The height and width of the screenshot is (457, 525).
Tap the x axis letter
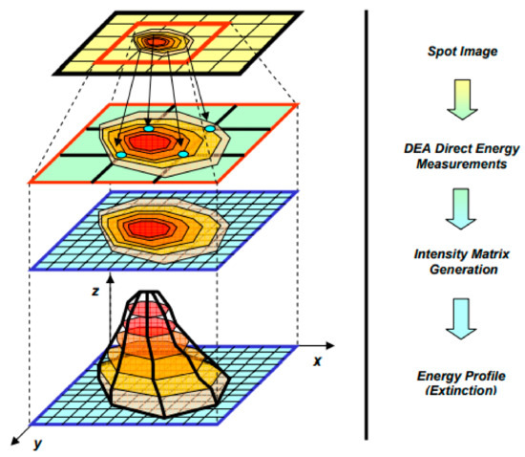coord(316,362)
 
